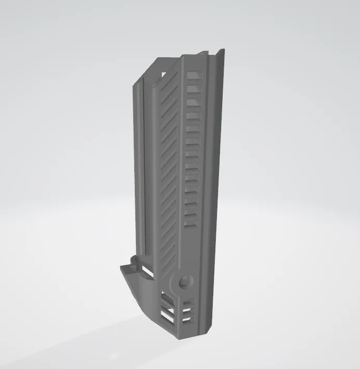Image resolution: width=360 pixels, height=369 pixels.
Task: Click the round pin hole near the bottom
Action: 184,283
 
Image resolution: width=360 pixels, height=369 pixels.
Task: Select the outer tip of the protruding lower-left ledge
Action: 121,268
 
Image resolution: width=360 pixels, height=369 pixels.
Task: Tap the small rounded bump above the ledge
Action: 134,259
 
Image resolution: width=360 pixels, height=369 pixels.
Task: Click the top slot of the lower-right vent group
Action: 188,301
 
